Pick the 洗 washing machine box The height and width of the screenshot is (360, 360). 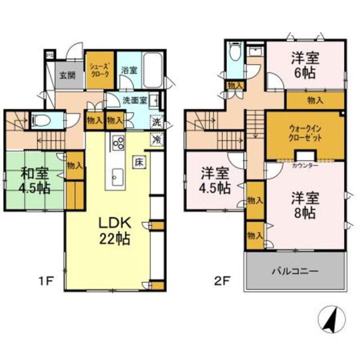(x=156, y=121)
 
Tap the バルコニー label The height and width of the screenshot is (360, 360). (x=294, y=271)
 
